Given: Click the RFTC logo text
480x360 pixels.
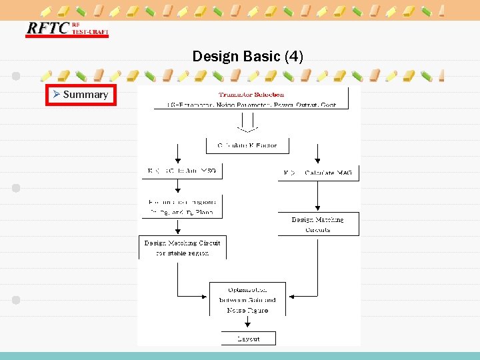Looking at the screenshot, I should tap(47, 28).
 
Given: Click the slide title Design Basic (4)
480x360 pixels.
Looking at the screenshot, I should tap(247, 57).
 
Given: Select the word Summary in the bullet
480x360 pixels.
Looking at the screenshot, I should tap(85, 95).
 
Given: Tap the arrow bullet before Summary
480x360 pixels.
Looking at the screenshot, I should tap(57, 95).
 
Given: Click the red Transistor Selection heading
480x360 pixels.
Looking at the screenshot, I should tap(251, 94).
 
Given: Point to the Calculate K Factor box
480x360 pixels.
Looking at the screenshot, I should tap(247, 145).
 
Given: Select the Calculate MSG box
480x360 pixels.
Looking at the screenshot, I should tap(181, 171).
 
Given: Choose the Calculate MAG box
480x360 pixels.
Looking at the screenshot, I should tap(318, 173).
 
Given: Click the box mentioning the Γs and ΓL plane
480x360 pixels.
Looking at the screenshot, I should tap(181, 207).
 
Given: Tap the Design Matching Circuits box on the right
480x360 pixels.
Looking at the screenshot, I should tap(318, 224).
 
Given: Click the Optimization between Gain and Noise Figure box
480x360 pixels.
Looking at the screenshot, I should tap(248, 300).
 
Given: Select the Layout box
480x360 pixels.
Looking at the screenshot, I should tap(248, 339).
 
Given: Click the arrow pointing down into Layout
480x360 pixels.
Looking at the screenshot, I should tap(248, 324).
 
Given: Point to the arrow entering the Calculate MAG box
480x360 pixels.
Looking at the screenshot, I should tap(318, 157).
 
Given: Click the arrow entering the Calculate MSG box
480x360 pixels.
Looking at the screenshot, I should tap(178, 157).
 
